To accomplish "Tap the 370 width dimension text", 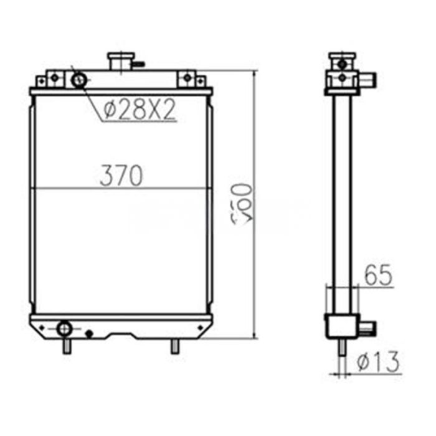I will click(x=121, y=176).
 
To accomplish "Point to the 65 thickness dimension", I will click(x=378, y=276).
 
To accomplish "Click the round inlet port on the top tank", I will click(x=79, y=80).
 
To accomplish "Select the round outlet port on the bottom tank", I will click(x=64, y=328).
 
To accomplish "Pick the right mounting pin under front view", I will click(x=175, y=346).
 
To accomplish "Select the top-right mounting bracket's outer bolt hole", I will click(x=200, y=80).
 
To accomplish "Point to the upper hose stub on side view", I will click(x=369, y=80).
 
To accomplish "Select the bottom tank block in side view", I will click(x=341, y=326).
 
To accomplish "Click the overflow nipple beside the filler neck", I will click(x=140, y=64).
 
